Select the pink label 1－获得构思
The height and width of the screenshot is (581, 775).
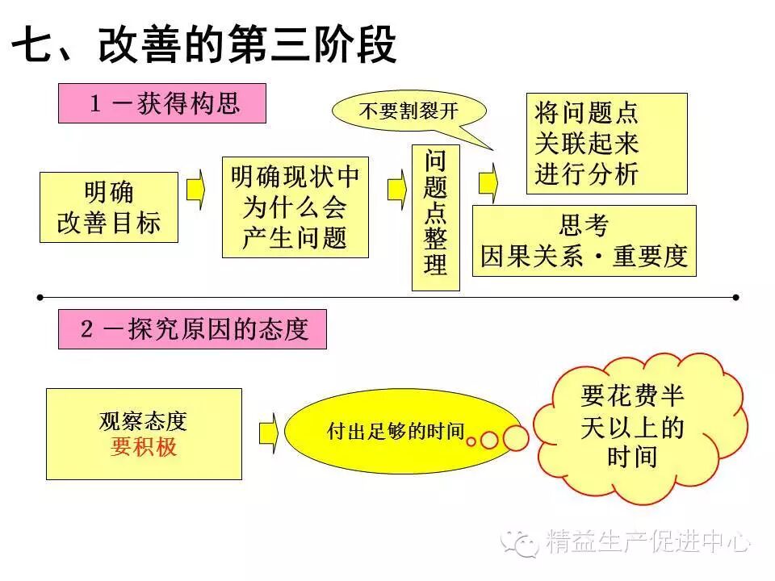pyautogui.click(x=161, y=104)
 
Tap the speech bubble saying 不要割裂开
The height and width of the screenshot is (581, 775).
pyautogui.click(x=408, y=111)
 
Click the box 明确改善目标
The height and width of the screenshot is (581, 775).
pyautogui.click(x=108, y=207)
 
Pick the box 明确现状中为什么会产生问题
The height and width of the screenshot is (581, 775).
pyautogui.click(x=295, y=207)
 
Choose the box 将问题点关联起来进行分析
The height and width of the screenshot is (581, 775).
pyautogui.click(x=606, y=144)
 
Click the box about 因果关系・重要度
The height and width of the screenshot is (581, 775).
pyautogui.click(x=584, y=240)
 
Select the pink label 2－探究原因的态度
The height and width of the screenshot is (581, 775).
pyautogui.click(x=192, y=329)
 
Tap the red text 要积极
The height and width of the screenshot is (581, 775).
pyautogui.click(x=143, y=446)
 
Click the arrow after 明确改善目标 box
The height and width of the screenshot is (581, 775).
pyautogui.click(x=196, y=190)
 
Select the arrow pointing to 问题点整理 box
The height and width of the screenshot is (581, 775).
pyautogui.click(x=396, y=190)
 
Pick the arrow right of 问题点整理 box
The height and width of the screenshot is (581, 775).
pyautogui.click(x=488, y=182)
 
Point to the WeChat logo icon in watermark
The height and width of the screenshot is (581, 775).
pyautogui.click(x=521, y=542)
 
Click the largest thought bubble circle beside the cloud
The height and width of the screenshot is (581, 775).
pyautogui.click(x=515, y=437)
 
